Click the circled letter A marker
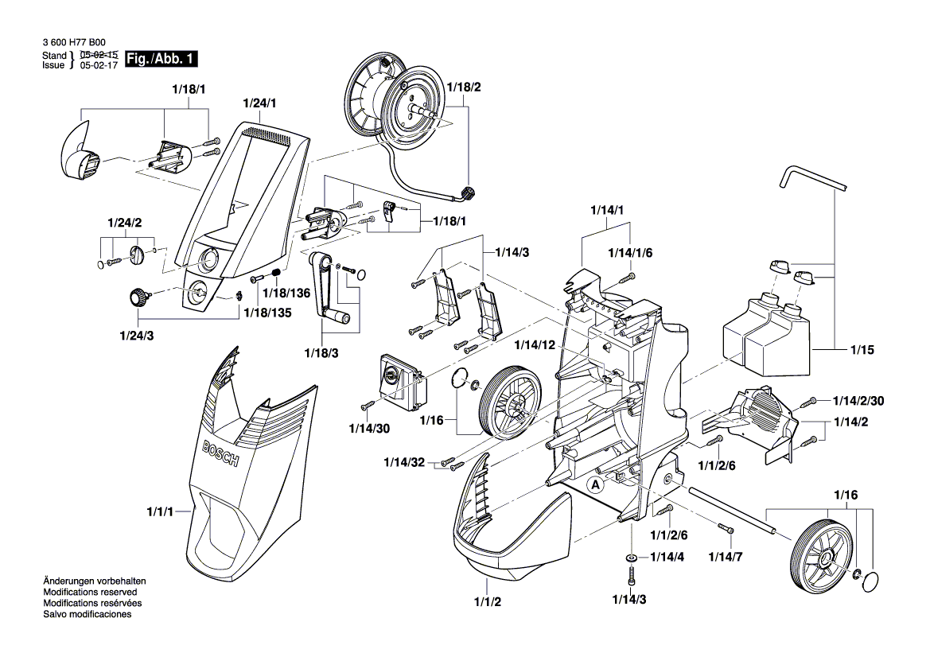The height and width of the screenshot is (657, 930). (x=594, y=483)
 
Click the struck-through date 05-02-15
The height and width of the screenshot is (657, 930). (x=99, y=55)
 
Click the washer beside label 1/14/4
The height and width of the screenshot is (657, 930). (x=631, y=558)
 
